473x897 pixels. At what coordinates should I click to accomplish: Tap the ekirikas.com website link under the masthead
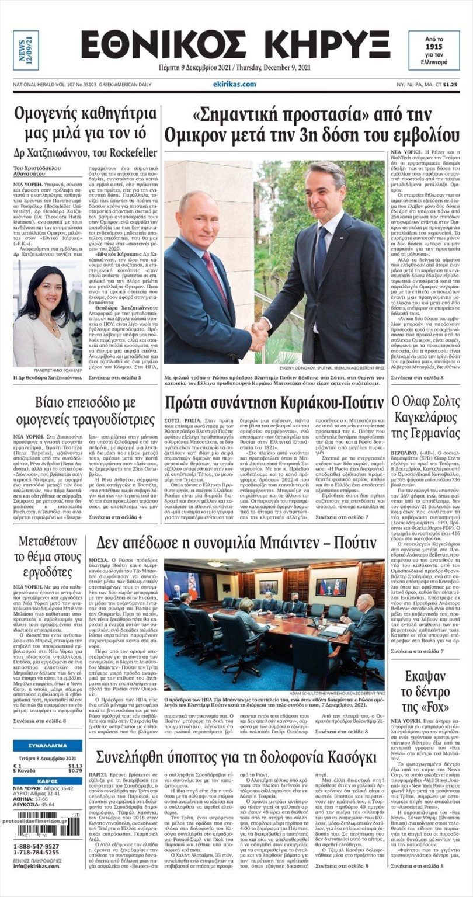click(235, 84)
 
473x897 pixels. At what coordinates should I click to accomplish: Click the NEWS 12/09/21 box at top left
click(26, 51)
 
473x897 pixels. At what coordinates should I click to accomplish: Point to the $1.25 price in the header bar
click(450, 85)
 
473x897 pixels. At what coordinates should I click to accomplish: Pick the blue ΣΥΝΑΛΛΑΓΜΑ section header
click(47, 746)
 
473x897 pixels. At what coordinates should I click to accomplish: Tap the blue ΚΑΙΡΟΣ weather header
click(47, 781)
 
